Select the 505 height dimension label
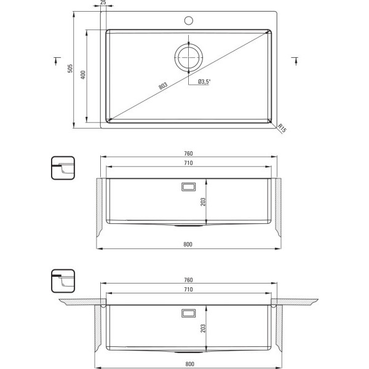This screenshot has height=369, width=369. tap(70, 68)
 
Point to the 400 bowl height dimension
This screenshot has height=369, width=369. tap(83, 74)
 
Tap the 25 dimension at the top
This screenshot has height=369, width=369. tap(103, 2)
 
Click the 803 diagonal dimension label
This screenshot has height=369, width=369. tap(163, 85)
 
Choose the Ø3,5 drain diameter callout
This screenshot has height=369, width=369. tap(204, 82)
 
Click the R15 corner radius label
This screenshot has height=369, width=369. tap(282, 128)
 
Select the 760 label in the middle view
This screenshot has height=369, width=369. tap(188, 153)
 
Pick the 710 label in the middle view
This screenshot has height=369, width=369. tap(188, 163)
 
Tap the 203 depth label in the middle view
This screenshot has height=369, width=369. tap(203, 202)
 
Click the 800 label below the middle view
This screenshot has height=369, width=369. tap(188, 244)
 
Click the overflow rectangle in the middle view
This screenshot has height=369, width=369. tap(189, 187)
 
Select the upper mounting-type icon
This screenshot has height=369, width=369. tap(63, 168)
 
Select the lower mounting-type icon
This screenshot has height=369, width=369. tap(63, 281)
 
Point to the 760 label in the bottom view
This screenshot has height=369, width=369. tap(188, 280)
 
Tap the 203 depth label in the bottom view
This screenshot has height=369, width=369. tap(203, 328)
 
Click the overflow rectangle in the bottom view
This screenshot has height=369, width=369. tap(189, 313)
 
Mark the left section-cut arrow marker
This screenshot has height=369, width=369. tap(57, 60)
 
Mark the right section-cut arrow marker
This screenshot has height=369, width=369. tap(296, 60)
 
